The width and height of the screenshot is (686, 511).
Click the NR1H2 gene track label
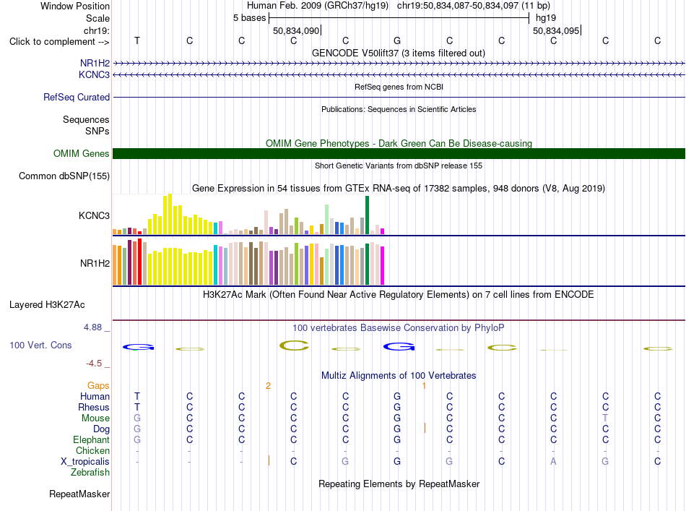point(95,64)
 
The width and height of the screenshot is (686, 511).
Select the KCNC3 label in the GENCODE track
point(94,75)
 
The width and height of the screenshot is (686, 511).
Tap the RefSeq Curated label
point(77,97)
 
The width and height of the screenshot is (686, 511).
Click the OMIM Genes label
point(82,154)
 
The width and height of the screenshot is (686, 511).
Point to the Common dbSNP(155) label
point(64,176)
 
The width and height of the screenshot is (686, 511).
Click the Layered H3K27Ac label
point(47,305)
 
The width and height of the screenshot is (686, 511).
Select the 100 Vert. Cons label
point(40,345)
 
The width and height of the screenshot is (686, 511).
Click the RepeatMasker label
point(79,494)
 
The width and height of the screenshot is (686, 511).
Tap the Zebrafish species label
point(90,473)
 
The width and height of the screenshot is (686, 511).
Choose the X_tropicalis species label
point(85,462)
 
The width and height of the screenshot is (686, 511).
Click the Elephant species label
point(92,439)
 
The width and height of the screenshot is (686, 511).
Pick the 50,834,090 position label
point(296,30)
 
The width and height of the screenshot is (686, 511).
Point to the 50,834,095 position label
point(556,30)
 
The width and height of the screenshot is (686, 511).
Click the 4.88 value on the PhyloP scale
point(92,327)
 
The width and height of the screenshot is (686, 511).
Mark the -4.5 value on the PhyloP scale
point(94,364)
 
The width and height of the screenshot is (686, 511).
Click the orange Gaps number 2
point(268,386)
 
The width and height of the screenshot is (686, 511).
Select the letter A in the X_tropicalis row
point(553,462)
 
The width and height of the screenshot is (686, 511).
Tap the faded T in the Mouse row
point(606,418)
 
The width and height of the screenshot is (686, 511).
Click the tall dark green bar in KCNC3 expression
point(367,215)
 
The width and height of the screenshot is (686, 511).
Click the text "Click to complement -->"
point(59,42)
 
